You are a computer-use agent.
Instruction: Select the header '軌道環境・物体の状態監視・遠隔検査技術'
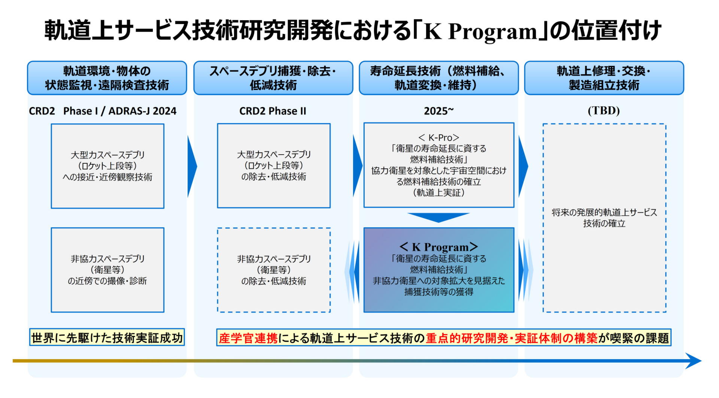coord(107,78)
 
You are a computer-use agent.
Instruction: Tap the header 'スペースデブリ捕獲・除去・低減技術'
coord(273,78)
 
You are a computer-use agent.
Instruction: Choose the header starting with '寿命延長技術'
coord(439,78)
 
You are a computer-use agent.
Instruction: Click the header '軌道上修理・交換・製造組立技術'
coord(604,78)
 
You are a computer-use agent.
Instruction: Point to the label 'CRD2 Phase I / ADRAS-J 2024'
coord(103,111)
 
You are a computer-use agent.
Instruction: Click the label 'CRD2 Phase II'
coord(273,111)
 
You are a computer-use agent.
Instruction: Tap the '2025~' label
coord(439,111)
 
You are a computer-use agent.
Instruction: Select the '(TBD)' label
coord(604,111)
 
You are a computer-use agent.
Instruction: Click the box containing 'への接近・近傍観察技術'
coord(107,166)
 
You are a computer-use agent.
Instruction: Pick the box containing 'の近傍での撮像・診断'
coord(107,270)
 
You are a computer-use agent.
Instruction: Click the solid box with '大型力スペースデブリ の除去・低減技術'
coord(274,166)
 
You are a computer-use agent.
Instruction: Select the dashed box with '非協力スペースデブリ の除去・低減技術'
coord(274,270)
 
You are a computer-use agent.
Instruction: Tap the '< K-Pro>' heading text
coord(439,138)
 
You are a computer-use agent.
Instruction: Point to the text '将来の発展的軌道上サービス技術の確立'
coord(604,218)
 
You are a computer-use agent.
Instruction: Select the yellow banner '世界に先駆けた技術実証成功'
coord(107,338)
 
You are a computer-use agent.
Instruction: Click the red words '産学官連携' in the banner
coord(248,338)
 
